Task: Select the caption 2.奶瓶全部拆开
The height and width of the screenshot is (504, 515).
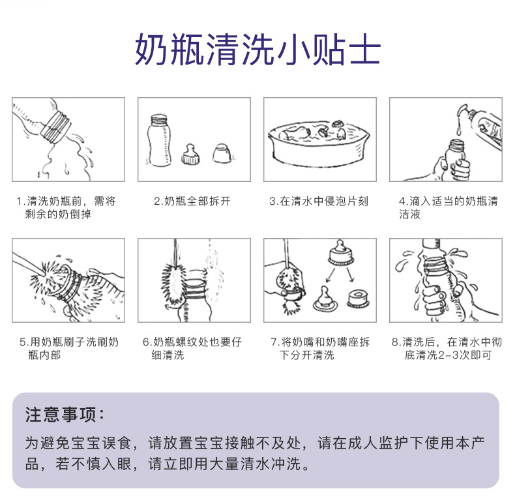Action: pos(192,201)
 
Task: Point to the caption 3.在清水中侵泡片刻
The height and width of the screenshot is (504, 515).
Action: pos(319,201)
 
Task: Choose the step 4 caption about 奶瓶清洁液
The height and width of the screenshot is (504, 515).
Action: pos(447,207)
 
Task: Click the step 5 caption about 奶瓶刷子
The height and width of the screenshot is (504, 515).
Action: pos(68,348)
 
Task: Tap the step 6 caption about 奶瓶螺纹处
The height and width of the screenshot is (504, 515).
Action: pos(193,348)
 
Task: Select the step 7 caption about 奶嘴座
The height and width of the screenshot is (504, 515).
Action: pos(319,348)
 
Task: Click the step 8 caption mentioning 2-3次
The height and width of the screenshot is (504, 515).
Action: pos(447,348)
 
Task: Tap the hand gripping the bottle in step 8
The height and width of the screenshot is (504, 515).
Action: pos(434,297)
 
